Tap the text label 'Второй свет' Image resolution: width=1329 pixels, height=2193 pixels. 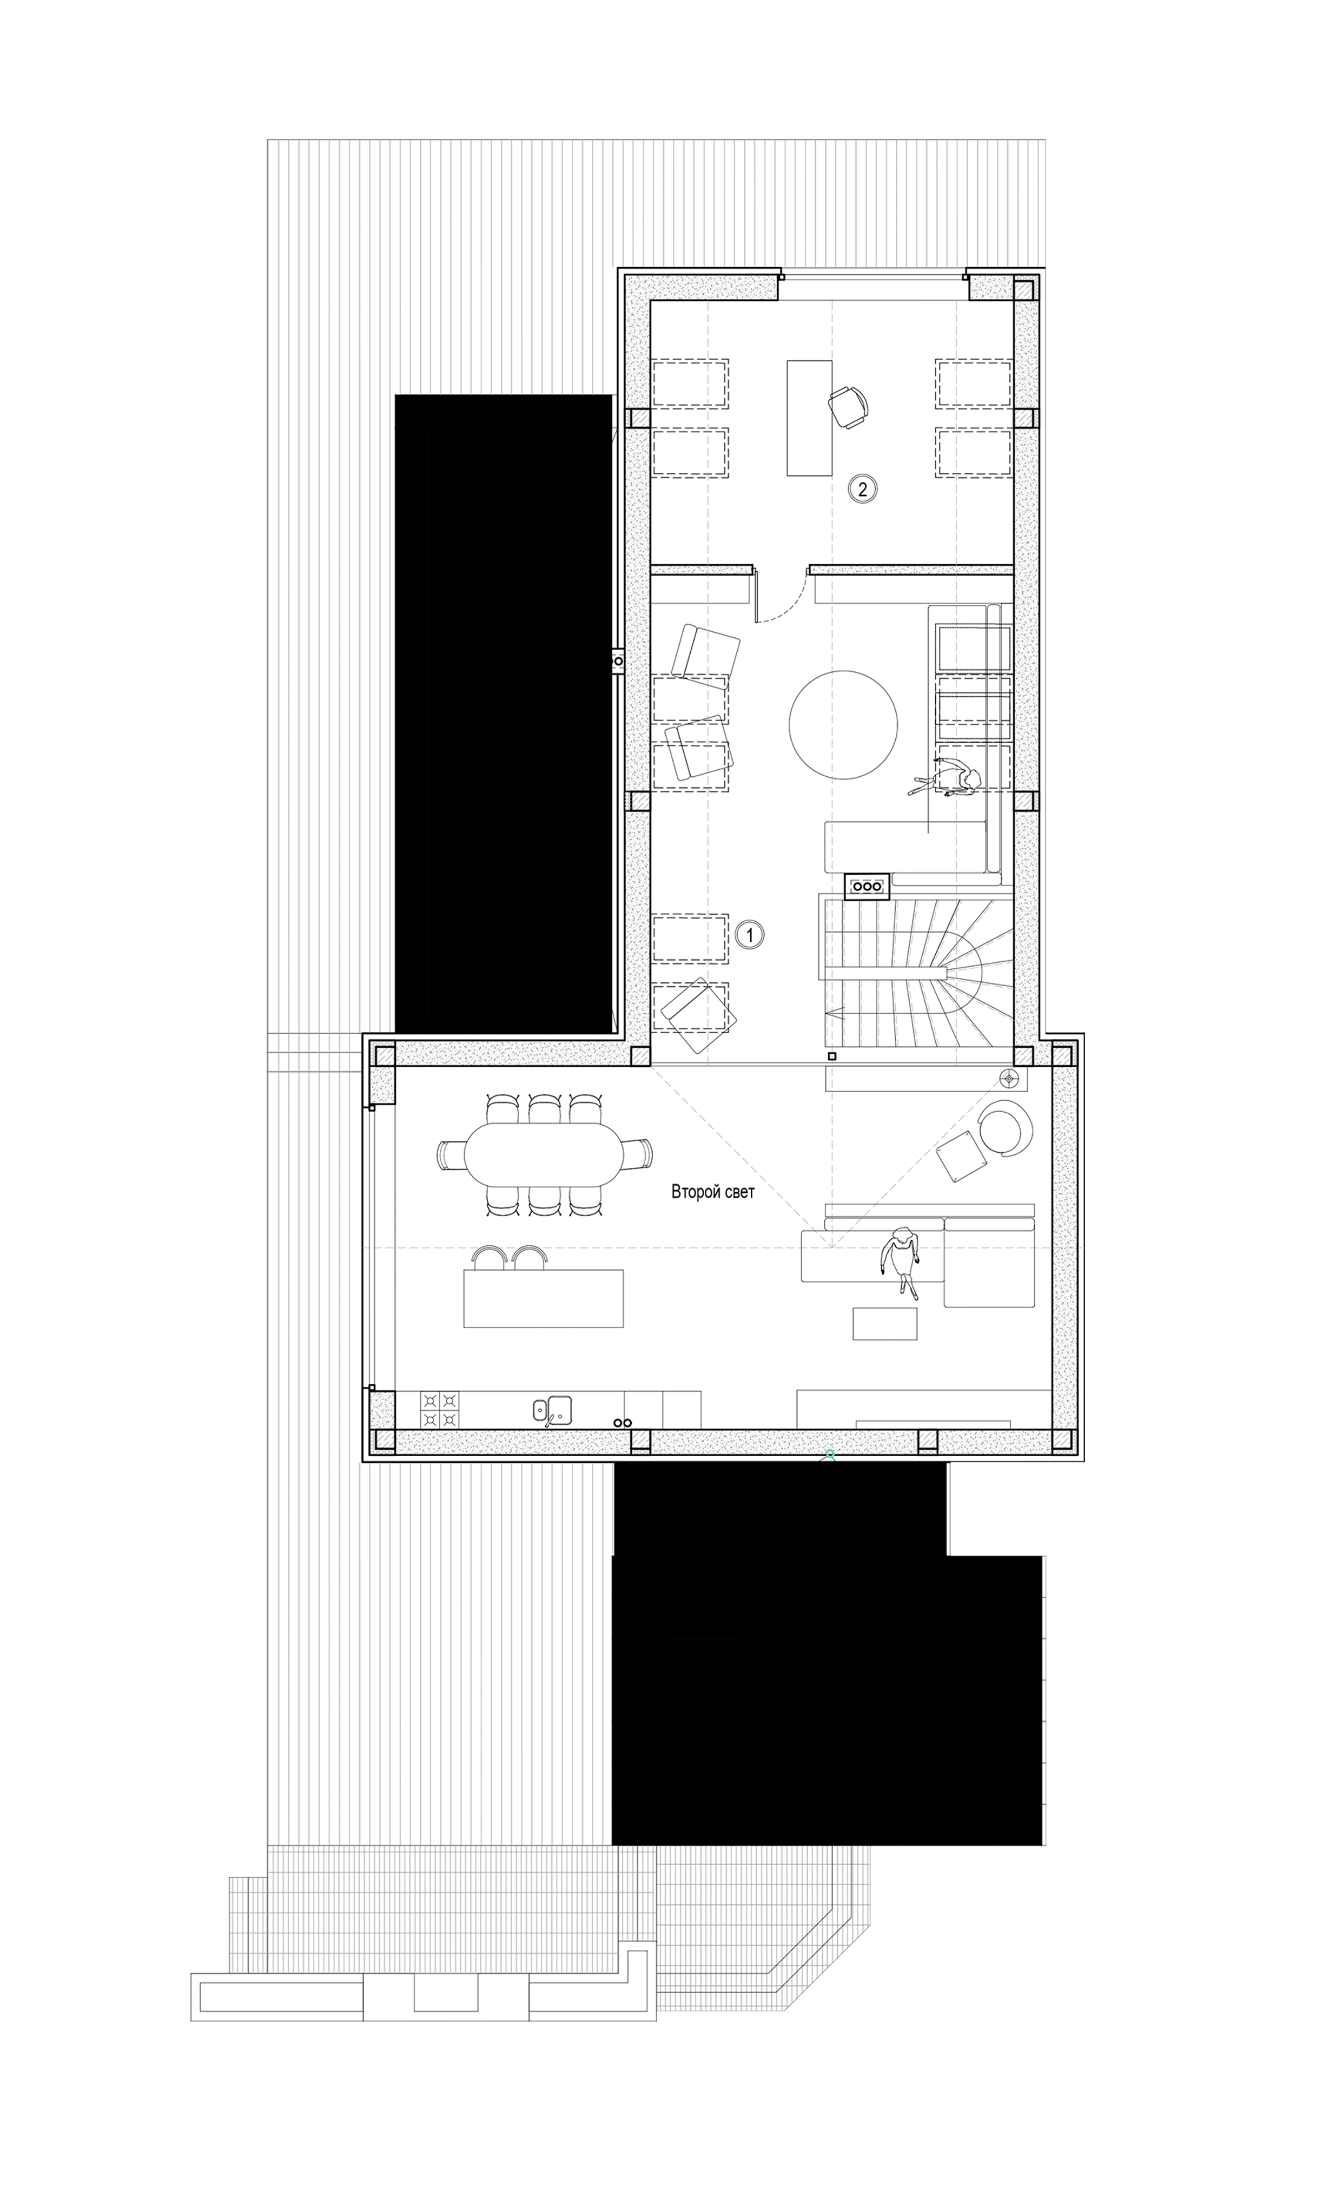[712, 1192]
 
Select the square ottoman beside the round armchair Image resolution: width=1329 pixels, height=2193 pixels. [961, 1156]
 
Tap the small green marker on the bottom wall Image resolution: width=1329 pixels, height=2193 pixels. [830, 1454]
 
